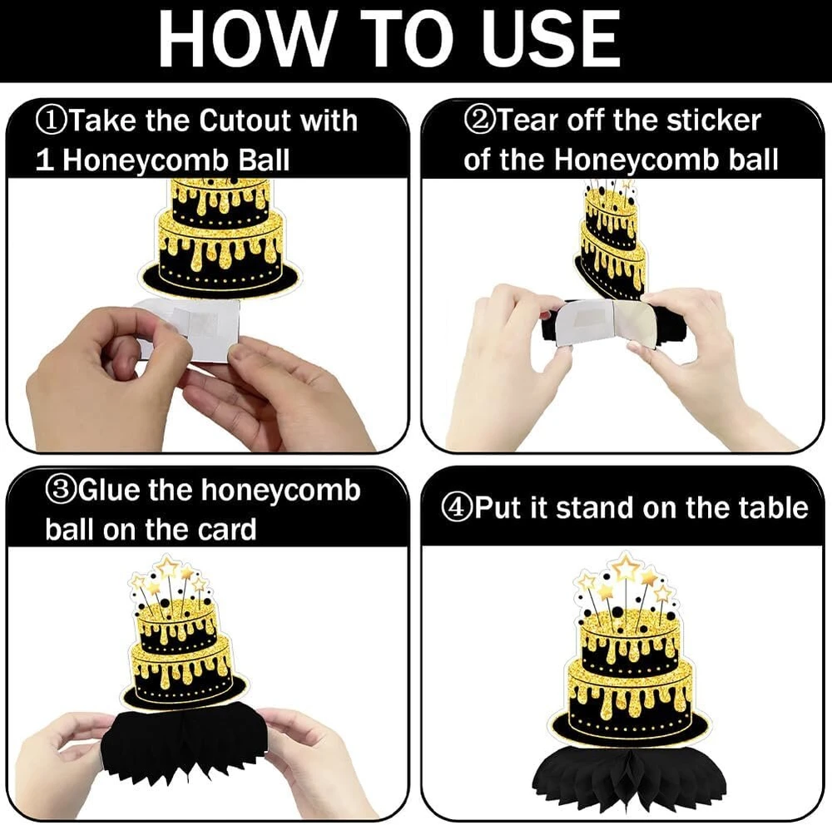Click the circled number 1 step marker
tap(52, 121)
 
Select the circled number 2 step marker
tap(480, 121)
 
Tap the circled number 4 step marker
tap(458, 508)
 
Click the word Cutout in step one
tap(245, 121)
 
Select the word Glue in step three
tap(109, 490)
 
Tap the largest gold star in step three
tap(168, 568)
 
